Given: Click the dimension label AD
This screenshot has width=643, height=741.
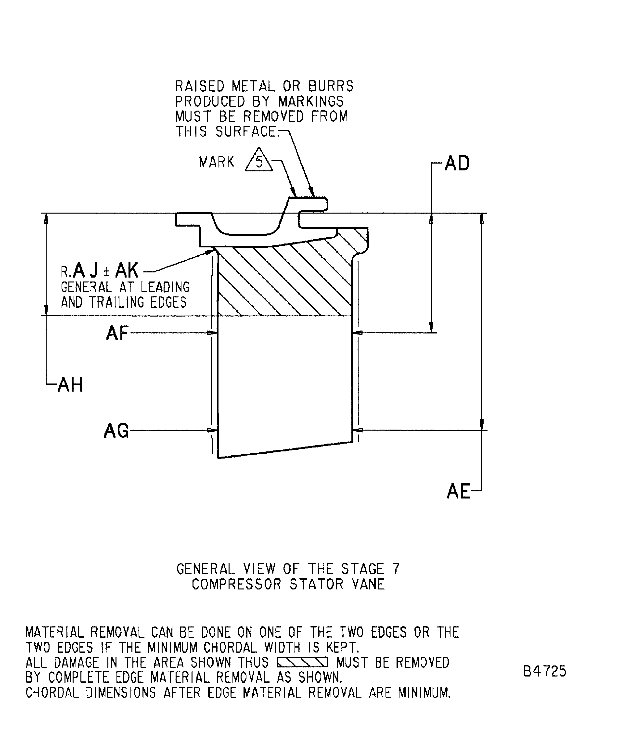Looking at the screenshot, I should [457, 164].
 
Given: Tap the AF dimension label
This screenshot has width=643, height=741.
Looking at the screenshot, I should [117, 333].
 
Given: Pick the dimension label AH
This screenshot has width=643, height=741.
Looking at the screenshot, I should [70, 385].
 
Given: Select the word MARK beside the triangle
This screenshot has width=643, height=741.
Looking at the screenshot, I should [216, 162].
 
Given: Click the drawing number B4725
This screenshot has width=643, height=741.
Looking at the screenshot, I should [544, 671].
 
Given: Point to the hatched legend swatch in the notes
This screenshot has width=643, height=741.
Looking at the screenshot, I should [302, 662].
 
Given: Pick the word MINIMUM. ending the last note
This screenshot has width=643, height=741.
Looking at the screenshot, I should [424, 692].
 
